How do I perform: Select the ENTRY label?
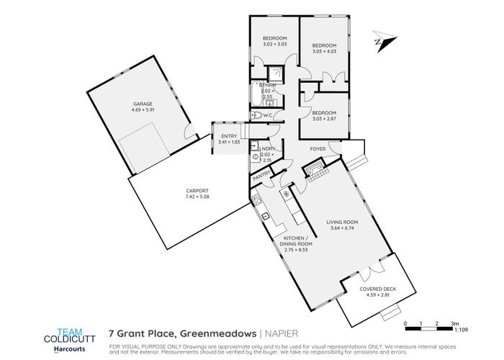tap(228, 136)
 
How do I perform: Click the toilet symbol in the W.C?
tap(257, 115)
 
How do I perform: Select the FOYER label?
tap(318, 150)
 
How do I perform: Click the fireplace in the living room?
tap(313, 170)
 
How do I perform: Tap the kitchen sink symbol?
tap(265, 215)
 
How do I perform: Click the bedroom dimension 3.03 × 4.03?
tap(325, 51)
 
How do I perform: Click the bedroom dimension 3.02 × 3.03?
tap(275, 43)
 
